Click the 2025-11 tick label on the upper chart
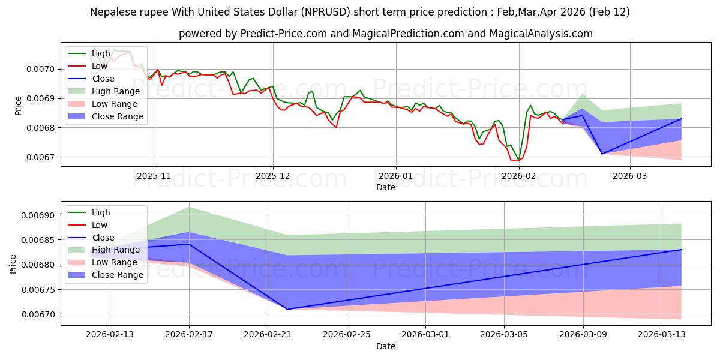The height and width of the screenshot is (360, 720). tap(154, 176)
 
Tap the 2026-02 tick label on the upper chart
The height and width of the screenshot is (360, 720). tap(518, 176)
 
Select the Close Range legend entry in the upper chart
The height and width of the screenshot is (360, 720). tap(117, 116)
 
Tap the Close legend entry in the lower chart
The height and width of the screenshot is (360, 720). tap(103, 238)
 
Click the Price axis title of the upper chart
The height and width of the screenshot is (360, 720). tap(18, 105)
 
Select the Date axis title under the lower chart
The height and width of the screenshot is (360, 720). tap(386, 346)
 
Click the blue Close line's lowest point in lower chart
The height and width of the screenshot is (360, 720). tap(287, 309)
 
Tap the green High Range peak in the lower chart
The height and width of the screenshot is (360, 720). tap(189, 207)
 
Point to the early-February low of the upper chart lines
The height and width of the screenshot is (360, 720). tap(517, 160)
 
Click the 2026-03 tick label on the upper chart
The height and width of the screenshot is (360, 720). tap(630, 176)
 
